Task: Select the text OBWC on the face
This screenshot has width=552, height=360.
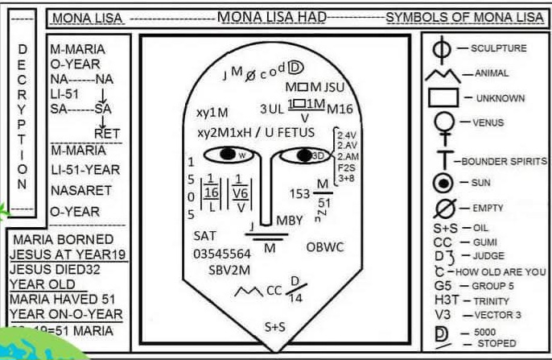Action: [x=325, y=247]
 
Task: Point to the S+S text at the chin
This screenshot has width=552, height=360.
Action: [x=275, y=327]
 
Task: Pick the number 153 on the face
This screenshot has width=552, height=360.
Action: [x=299, y=193]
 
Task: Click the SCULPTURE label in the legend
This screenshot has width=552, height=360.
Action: [x=498, y=48]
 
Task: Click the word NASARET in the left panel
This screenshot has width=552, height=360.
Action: [x=76, y=191]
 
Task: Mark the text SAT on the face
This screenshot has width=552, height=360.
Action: [x=205, y=236]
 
